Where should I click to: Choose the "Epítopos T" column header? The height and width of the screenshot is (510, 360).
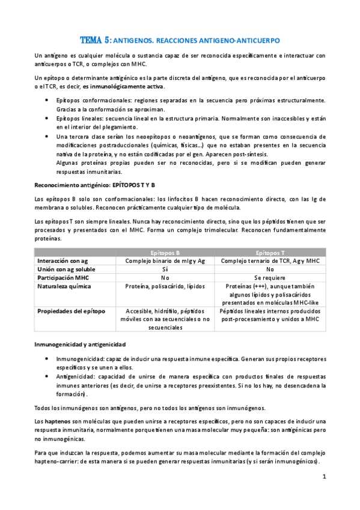[x=270, y=253]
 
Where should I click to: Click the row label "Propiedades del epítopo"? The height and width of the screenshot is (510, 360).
[x=72, y=312]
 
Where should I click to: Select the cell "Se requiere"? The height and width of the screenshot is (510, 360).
[x=270, y=278]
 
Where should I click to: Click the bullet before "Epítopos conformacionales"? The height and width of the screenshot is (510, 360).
[x=47, y=99]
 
